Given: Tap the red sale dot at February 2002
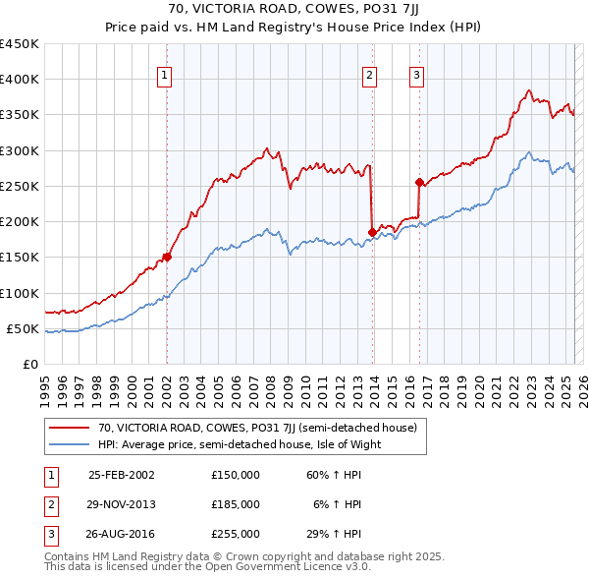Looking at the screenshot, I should [167, 258].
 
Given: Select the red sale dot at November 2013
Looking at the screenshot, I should [372, 232].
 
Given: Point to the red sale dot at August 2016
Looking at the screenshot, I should [419, 182].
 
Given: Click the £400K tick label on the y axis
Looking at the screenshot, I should [20, 80].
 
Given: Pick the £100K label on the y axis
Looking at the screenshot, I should [20, 293].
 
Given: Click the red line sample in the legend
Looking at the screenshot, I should [69, 428].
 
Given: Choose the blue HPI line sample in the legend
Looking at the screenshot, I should [69, 444].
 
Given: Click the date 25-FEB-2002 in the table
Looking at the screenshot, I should [122, 475].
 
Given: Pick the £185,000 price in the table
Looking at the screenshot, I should [236, 504].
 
